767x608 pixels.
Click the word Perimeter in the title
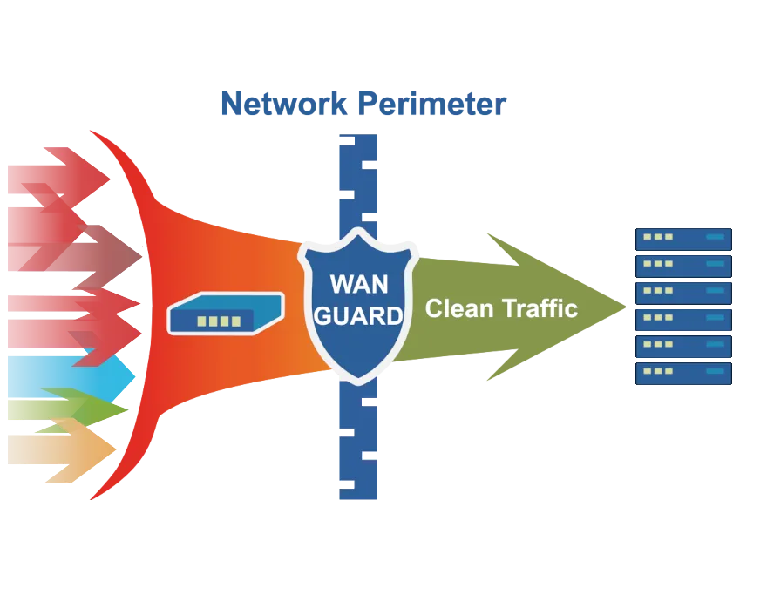432,105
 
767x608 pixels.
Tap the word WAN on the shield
359,285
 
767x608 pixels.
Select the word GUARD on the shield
358,315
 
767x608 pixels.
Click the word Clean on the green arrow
459,307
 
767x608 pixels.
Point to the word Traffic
540,307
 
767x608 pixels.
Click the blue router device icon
226,314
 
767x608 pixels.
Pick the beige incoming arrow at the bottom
61,449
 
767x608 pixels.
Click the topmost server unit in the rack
682,237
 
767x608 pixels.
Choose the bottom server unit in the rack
682,374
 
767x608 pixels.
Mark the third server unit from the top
682,292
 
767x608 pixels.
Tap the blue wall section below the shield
359,444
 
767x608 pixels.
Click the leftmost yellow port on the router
202,321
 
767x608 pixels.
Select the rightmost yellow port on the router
236,321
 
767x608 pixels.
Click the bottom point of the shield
358,382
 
